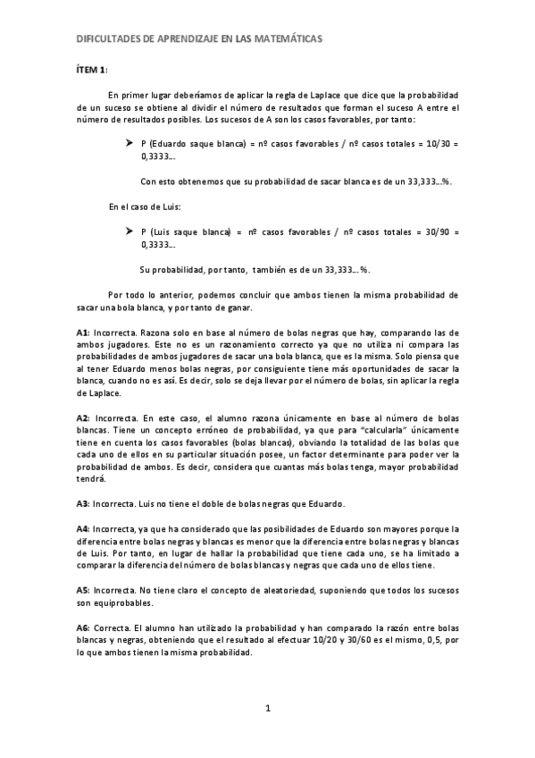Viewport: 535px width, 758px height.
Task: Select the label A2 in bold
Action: pyautogui.click(x=82, y=417)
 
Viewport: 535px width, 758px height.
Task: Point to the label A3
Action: pyautogui.click(x=82, y=503)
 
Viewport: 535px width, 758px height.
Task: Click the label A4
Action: pyautogui.click(x=82, y=527)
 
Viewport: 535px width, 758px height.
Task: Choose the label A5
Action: pyautogui.click(x=82, y=590)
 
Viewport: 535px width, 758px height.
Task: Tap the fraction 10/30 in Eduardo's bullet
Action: pyautogui.click(x=431, y=143)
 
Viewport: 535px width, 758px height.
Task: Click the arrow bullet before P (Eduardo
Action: pyautogui.click(x=131, y=143)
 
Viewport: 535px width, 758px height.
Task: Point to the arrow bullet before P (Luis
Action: pyautogui.click(x=131, y=231)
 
